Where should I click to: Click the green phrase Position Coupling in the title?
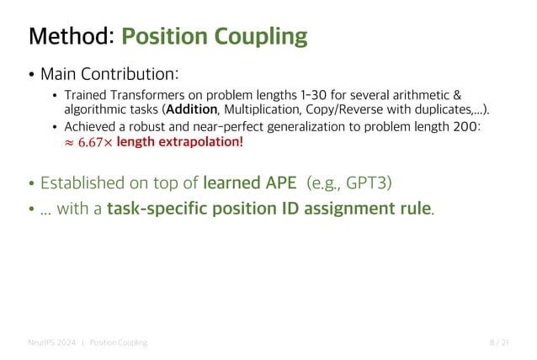coord(215,37)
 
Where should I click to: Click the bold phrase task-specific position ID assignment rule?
coord(268,208)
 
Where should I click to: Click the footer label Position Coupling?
coord(118,342)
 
